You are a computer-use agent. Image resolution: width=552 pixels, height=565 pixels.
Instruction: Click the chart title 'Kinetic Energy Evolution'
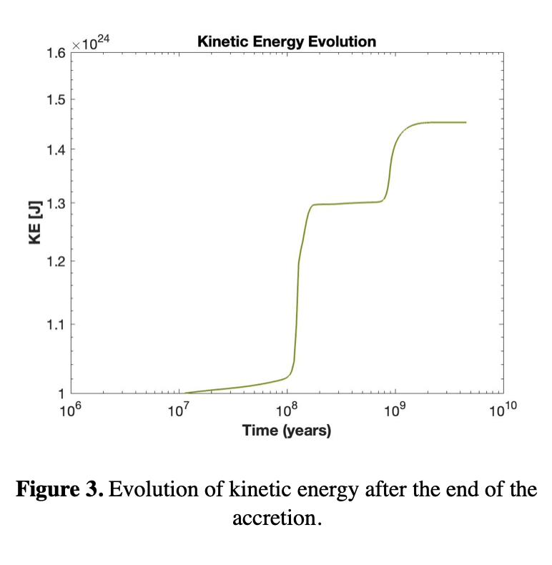[286, 41]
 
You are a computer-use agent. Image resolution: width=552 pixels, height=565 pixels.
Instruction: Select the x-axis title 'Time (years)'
[286, 431]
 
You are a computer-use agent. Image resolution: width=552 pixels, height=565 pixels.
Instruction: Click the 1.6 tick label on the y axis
[57, 52]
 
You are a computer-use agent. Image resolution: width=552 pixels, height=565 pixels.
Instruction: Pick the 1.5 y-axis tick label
[57, 99]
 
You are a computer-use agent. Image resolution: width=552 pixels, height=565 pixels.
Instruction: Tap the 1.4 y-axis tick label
[57, 149]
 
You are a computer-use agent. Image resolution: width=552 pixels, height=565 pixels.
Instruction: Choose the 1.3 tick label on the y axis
[57, 203]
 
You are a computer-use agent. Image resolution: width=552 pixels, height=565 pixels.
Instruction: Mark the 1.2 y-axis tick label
[57, 261]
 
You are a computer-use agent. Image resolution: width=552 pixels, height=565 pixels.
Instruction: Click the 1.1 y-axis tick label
[57, 325]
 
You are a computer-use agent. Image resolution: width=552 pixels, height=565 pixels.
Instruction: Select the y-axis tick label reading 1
[61, 393]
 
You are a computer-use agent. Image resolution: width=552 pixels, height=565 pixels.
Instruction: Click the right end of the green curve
[465, 122]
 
